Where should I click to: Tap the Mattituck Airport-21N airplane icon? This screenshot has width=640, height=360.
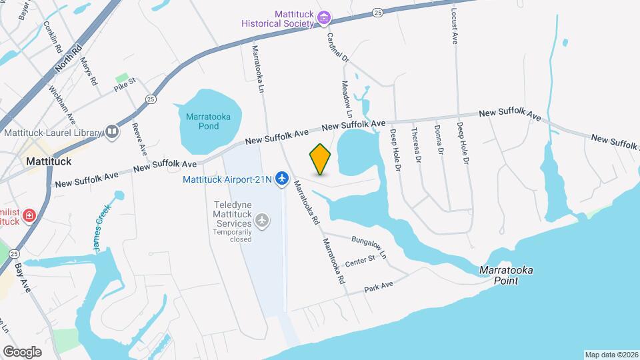coord(282,179)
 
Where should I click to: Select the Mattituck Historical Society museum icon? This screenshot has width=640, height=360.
coord(324,17)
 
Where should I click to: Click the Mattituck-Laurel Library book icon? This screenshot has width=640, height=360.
coord(112,133)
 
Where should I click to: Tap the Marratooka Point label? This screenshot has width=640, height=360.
coord(509,275)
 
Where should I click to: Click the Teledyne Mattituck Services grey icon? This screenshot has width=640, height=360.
coord(263,219)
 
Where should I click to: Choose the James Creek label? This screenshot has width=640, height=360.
coord(101,231)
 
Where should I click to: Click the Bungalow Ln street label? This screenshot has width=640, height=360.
coord(369,247)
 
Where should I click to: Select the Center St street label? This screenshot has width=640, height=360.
coord(361,262)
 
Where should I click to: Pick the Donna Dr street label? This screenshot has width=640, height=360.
coord(439,141)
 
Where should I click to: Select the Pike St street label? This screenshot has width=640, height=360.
coord(124,85)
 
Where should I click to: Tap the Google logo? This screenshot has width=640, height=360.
coord(22,351)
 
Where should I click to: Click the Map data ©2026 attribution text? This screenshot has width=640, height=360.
coord(611,355)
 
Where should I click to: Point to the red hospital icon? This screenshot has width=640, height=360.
coord(29,215)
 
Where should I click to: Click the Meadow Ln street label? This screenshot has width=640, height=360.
coord(347,100)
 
